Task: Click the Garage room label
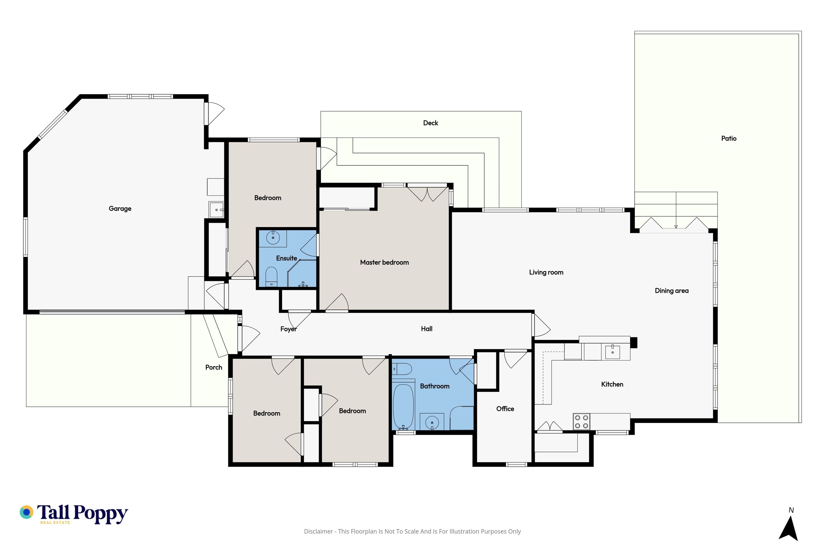[x=120, y=209]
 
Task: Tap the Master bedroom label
[x=384, y=262]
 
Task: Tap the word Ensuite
[x=287, y=258]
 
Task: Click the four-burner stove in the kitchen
[x=582, y=422]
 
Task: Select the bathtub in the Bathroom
[x=403, y=407]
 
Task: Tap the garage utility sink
[x=216, y=210]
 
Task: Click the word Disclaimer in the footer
[x=318, y=531]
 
